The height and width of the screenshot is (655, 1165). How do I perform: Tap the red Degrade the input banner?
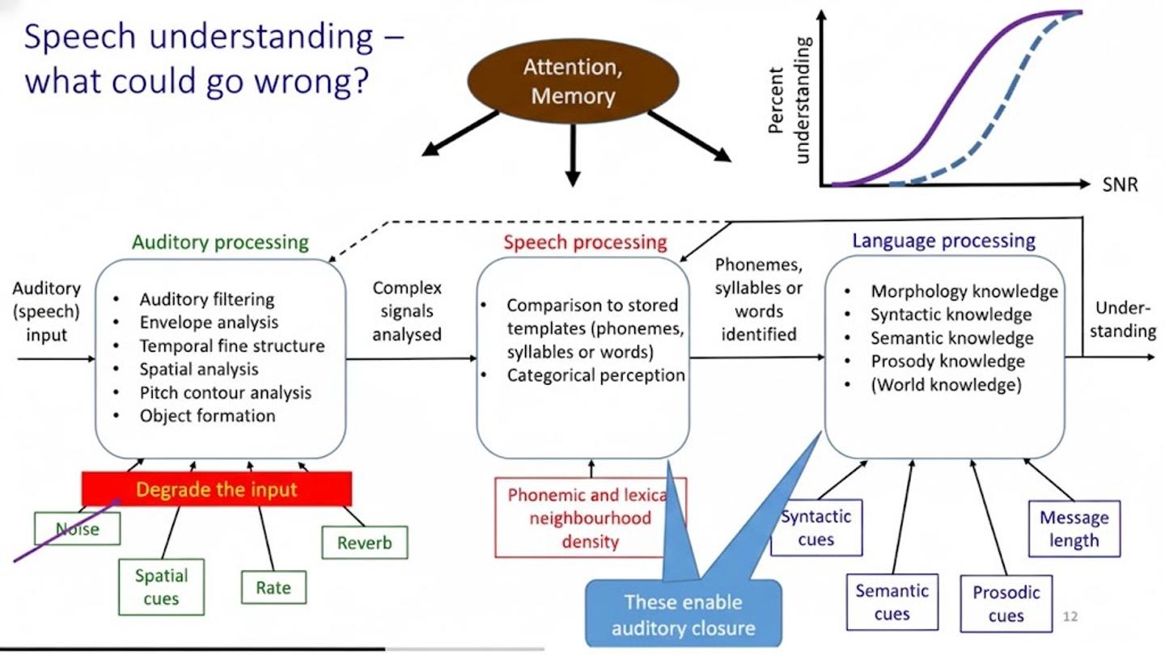[x=217, y=489]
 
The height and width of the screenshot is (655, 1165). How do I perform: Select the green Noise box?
[x=78, y=529]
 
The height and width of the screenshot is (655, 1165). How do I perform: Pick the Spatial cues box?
[x=161, y=587]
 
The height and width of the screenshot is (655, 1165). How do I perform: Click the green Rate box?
[x=273, y=587]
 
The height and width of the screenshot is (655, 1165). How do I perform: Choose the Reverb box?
[x=364, y=543]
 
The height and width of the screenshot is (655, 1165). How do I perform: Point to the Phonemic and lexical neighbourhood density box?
[x=590, y=518]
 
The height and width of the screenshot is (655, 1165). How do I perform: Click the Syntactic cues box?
[x=815, y=528]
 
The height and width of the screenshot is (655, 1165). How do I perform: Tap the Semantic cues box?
[x=892, y=602]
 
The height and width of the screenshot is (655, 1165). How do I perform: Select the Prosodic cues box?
[x=1006, y=604]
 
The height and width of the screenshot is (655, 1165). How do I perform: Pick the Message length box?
[x=1074, y=529]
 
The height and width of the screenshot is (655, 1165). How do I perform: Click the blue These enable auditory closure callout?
[x=683, y=615]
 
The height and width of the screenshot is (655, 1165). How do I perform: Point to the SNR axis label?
[x=1120, y=185]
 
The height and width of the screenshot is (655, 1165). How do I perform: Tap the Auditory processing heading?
[x=220, y=242]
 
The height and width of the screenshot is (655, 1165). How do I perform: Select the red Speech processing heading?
[x=585, y=242]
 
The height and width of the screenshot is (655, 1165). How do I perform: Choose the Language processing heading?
[x=943, y=240]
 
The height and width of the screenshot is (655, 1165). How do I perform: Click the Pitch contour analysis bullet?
[x=225, y=393]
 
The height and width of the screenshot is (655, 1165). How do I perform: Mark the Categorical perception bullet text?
[x=595, y=375]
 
